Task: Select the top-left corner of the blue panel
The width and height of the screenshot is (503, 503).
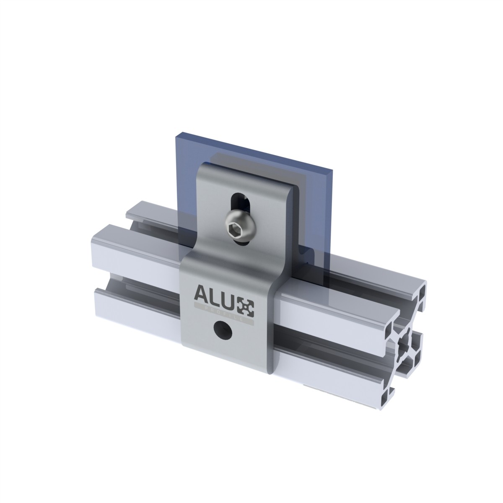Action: pyautogui.click(x=175, y=133)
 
